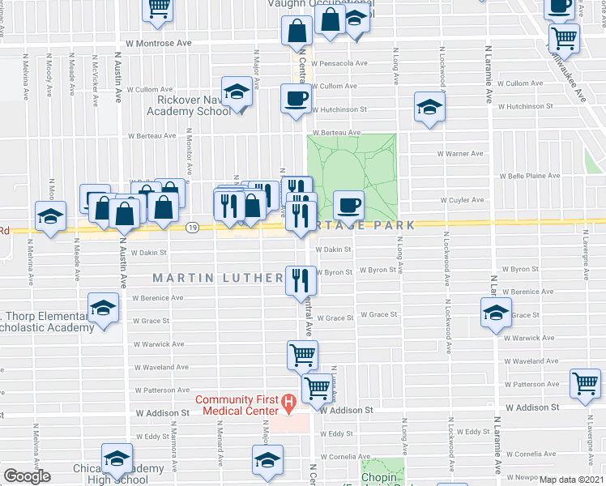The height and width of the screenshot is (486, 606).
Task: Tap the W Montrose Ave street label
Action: click(158, 42)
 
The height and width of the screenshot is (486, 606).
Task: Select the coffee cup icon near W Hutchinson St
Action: click(295, 99)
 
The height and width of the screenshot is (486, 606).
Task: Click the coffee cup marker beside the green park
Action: click(349, 205)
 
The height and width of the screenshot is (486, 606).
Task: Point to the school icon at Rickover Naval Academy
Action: click(237, 92)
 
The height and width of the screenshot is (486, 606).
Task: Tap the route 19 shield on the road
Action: click(192, 228)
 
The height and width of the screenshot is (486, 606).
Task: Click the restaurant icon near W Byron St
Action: click(299, 281)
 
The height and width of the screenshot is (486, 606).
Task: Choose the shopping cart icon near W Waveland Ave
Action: click(302, 354)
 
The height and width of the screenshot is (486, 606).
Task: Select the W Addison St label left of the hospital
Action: click(162, 412)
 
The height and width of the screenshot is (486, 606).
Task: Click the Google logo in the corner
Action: click(27, 476)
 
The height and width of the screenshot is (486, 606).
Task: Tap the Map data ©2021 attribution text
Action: click(571, 480)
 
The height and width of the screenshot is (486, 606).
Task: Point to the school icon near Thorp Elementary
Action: click(103, 309)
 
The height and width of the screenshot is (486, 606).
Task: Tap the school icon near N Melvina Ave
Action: click(50, 217)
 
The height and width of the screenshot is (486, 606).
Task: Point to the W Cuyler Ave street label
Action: click(461, 199)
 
